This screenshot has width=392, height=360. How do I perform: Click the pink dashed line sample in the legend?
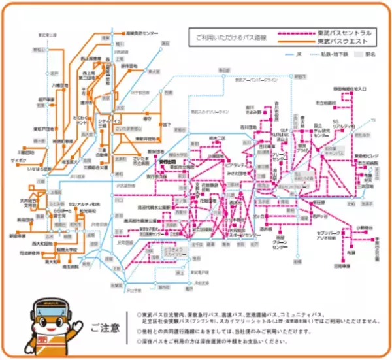(x=291, y=35)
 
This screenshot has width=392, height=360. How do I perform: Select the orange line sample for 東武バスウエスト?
(x=291, y=42)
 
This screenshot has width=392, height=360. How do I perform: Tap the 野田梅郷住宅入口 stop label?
(x=354, y=88)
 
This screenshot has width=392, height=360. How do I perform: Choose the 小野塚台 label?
(x=365, y=227)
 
